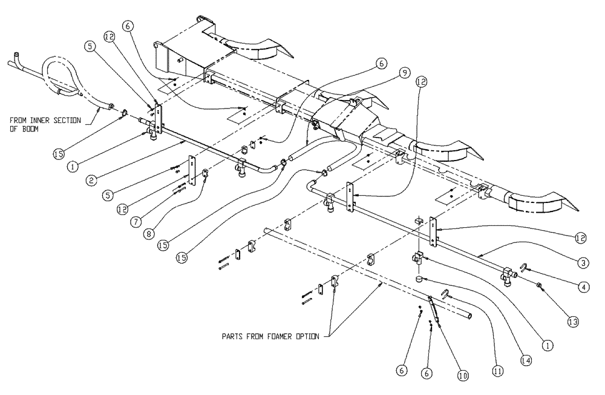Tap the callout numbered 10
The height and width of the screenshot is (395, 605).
[x=463, y=376]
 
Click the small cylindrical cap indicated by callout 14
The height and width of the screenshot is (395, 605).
[x=419, y=279]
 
